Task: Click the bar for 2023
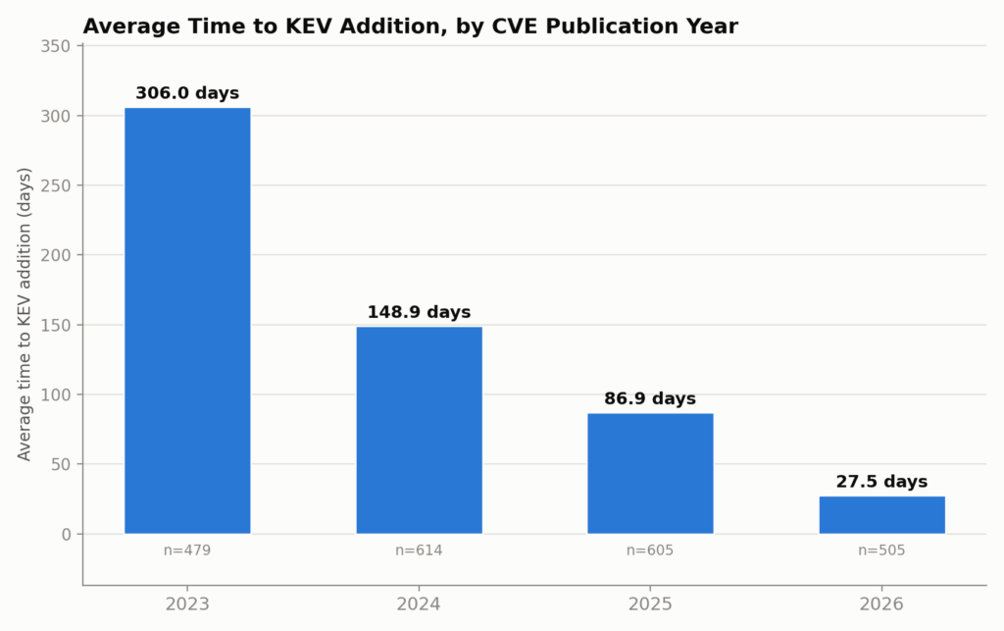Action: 187,320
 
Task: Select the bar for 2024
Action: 420,430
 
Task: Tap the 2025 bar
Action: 651,473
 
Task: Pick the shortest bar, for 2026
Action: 882,514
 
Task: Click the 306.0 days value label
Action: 187,93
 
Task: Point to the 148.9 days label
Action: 419,313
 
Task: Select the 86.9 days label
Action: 650,399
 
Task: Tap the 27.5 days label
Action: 881,482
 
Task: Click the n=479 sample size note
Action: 187,551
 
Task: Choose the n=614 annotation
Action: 419,551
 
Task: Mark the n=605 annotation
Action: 650,551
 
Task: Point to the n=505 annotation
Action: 881,551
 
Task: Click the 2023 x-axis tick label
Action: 187,605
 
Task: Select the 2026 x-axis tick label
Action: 881,605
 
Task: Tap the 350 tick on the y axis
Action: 56,46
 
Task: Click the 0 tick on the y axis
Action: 67,534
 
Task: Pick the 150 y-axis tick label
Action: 56,326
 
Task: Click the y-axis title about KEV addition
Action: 25,314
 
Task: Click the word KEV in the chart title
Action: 312,26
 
